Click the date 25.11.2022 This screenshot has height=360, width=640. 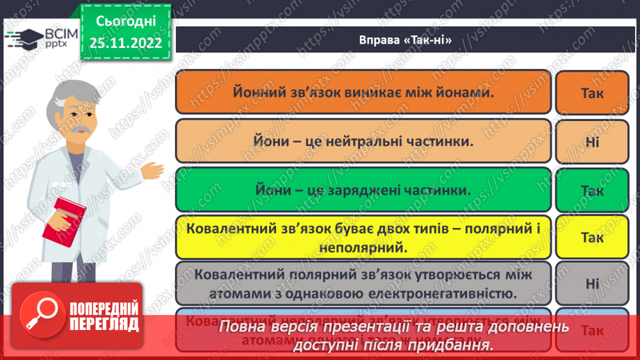click(x=125, y=43)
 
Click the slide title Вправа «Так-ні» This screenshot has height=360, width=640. click(x=400, y=40)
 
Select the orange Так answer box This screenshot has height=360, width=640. click(x=591, y=92)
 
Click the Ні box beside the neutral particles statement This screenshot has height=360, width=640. click(x=592, y=141)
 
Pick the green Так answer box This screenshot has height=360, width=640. click(x=591, y=190)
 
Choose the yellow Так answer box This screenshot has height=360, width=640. click(x=591, y=237)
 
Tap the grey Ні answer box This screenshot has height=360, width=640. click(x=592, y=284)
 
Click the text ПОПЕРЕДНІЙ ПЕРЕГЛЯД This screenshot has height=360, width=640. click(x=102, y=316)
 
